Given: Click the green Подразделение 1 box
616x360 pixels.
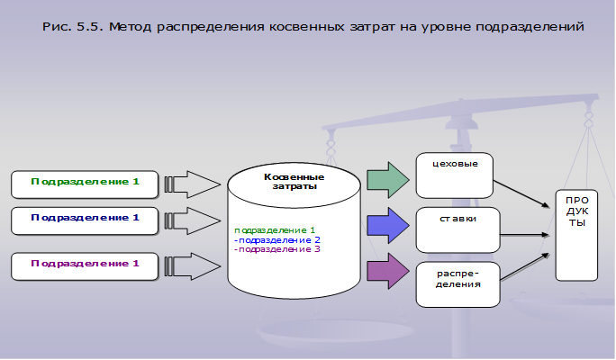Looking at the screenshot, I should click(x=85, y=183).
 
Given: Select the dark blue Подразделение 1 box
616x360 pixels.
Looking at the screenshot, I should click(x=85, y=219).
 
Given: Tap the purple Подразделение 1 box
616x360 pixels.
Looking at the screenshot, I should click(x=85, y=264).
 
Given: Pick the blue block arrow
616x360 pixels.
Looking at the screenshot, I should click(x=386, y=224).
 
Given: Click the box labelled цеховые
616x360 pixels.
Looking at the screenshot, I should click(x=455, y=175).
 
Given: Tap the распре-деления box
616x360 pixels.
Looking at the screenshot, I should click(x=457, y=283).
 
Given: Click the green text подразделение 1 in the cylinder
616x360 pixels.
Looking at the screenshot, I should click(x=275, y=230).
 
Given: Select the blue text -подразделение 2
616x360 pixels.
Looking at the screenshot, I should click(x=277, y=239).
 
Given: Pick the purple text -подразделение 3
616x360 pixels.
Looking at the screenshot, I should click(x=277, y=249).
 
